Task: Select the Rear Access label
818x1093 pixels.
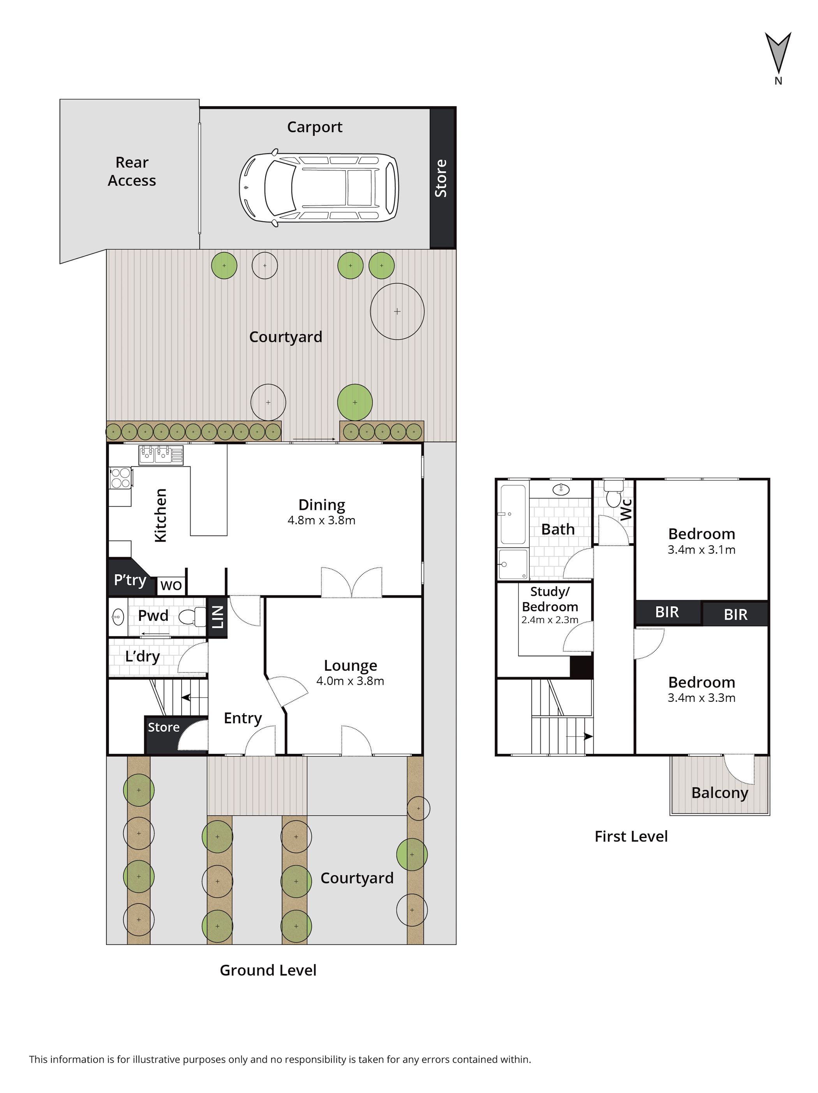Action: [132, 172]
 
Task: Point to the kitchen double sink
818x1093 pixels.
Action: [161, 454]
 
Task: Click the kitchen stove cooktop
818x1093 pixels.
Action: [120, 477]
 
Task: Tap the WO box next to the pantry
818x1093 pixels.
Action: [171, 586]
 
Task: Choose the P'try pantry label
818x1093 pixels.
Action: [130, 579]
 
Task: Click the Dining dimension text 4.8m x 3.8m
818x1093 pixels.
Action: [321, 520]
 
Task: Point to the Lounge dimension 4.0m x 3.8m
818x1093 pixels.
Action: [350, 681]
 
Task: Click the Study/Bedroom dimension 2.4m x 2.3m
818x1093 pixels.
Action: [550, 620]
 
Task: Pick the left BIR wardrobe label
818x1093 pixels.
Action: [667, 612]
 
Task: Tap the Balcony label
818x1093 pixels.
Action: [719, 793]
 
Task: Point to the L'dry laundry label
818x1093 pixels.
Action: [142, 656]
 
